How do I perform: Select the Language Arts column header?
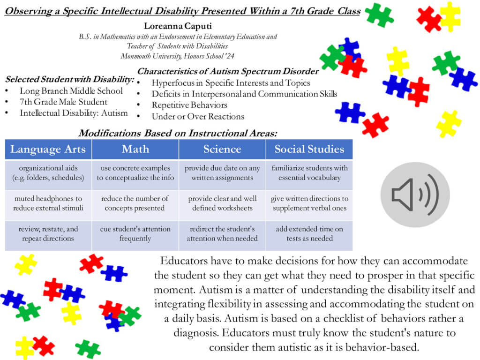[x=48, y=150]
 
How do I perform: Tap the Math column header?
[x=135, y=150]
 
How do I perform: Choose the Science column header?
[x=222, y=150]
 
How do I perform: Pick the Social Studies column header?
[x=309, y=150]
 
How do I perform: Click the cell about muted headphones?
[x=48, y=203]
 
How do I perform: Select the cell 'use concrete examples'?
[x=135, y=172]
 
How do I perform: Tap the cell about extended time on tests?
[x=309, y=233]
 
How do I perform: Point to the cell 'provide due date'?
[x=222, y=172]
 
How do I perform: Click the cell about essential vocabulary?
[x=309, y=172]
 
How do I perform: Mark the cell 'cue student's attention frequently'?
[x=135, y=233]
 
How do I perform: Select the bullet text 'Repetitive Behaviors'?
[x=189, y=105]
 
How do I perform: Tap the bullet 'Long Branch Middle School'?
[x=71, y=91]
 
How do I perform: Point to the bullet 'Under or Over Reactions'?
[x=198, y=116]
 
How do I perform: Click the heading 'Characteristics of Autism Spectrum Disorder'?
[x=228, y=72]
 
